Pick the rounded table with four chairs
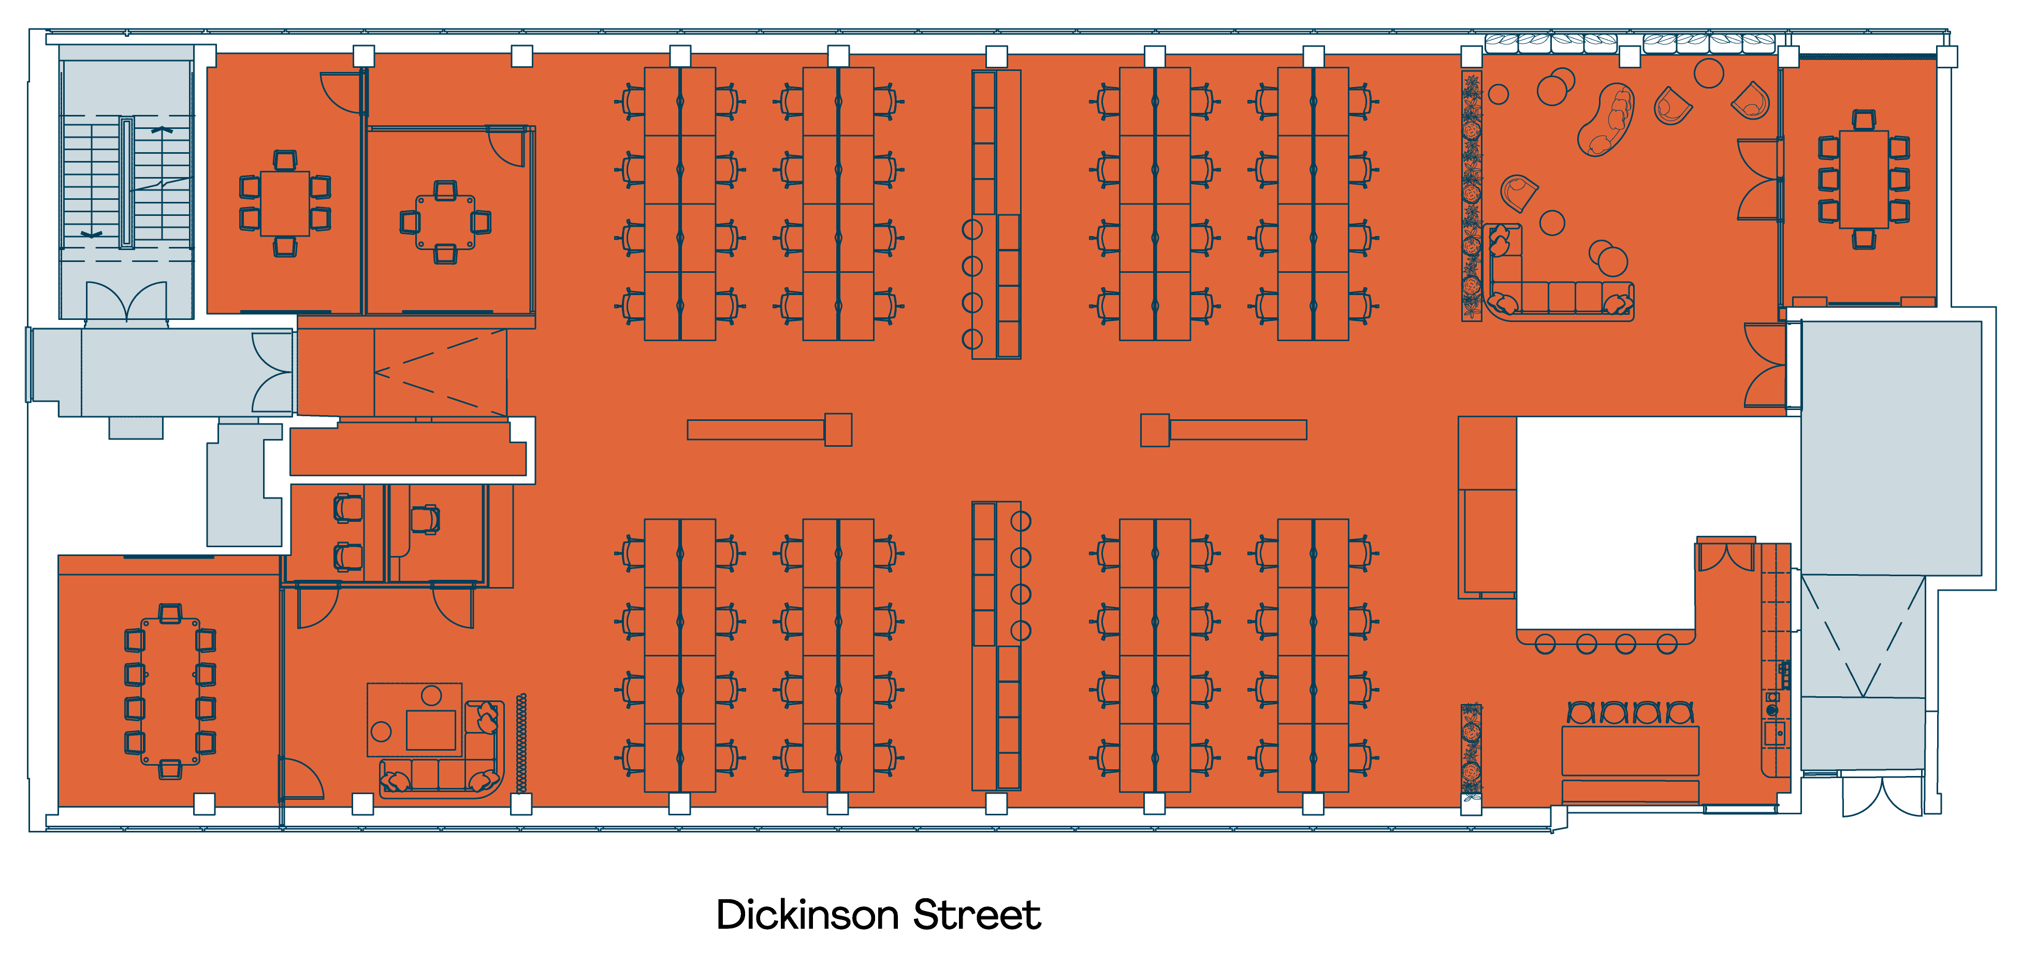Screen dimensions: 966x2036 (x=445, y=222)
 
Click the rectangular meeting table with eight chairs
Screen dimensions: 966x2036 (x=1863, y=180)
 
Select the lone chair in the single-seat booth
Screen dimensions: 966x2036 (x=425, y=519)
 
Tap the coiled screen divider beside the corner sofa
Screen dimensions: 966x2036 (x=521, y=743)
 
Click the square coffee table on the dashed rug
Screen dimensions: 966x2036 (x=431, y=729)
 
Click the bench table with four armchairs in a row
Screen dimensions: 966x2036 (x=1630, y=751)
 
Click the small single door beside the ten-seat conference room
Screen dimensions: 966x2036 (x=303, y=779)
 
